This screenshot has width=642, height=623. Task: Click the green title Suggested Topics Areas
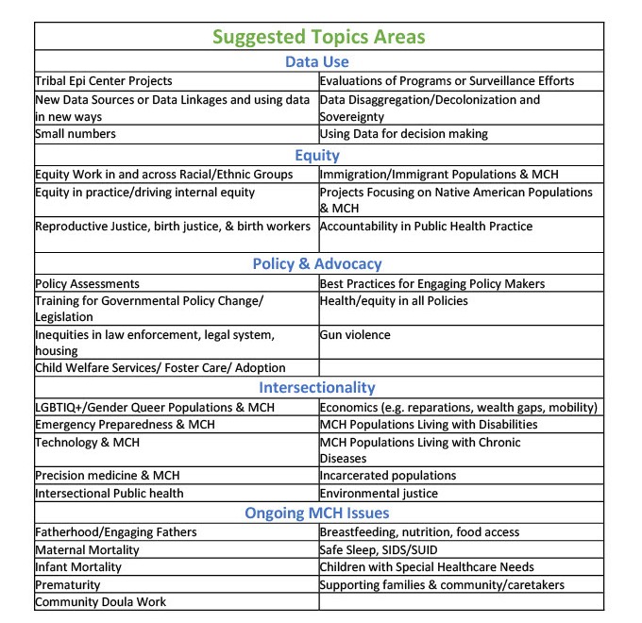click(318, 37)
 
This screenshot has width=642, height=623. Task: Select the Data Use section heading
click(317, 62)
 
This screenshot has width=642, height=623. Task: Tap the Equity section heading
click(317, 155)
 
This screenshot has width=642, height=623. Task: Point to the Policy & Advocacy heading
click(317, 264)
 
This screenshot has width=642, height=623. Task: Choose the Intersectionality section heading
click(317, 387)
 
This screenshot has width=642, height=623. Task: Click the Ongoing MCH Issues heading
click(317, 514)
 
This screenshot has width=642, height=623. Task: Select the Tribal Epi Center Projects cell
click(104, 81)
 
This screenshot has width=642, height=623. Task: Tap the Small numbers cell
click(76, 134)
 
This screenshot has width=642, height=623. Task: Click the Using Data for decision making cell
click(404, 134)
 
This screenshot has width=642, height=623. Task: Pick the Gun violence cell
click(355, 335)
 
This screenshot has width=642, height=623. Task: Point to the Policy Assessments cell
click(87, 284)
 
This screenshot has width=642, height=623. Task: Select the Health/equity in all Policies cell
click(394, 301)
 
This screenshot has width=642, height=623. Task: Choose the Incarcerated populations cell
click(388, 476)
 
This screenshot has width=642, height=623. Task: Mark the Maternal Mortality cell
click(87, 549)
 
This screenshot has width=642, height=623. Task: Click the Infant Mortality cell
click(78, 567)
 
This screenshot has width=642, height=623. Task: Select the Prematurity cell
click(69, 585)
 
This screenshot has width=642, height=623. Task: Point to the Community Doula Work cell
click(100, 602)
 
